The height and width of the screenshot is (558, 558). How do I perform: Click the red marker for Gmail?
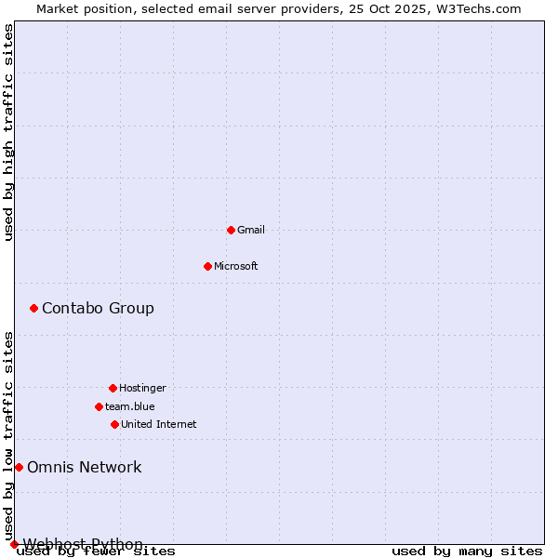231,230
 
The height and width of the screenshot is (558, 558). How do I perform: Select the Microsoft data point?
207,266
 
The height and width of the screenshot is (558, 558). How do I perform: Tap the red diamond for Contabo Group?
33,308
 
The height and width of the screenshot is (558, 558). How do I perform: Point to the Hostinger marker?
113,388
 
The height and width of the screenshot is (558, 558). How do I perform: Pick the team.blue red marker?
99,406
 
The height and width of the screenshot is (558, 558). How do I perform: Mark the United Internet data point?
114,424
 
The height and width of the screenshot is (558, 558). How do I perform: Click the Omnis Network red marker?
19,467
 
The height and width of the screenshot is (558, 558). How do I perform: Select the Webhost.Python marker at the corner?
14,544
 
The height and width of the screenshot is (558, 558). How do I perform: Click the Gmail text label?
251,230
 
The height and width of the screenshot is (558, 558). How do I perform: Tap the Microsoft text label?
236,266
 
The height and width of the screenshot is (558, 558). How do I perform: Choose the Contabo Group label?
98,308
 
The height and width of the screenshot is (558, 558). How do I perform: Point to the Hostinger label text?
142,388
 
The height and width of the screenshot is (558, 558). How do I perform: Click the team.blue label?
130,406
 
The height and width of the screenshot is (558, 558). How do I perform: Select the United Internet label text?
159,424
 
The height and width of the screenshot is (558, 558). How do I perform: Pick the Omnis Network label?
85,467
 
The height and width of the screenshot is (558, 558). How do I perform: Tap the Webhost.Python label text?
83,544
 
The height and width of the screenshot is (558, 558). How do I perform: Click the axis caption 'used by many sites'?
467,551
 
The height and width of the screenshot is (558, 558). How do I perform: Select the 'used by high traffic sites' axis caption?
8,132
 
